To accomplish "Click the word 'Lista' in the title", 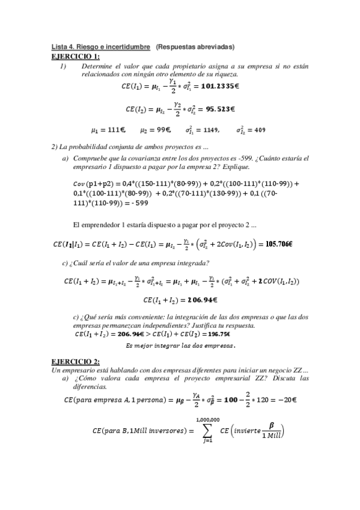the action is pyautogui.click(x=59, y=46).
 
